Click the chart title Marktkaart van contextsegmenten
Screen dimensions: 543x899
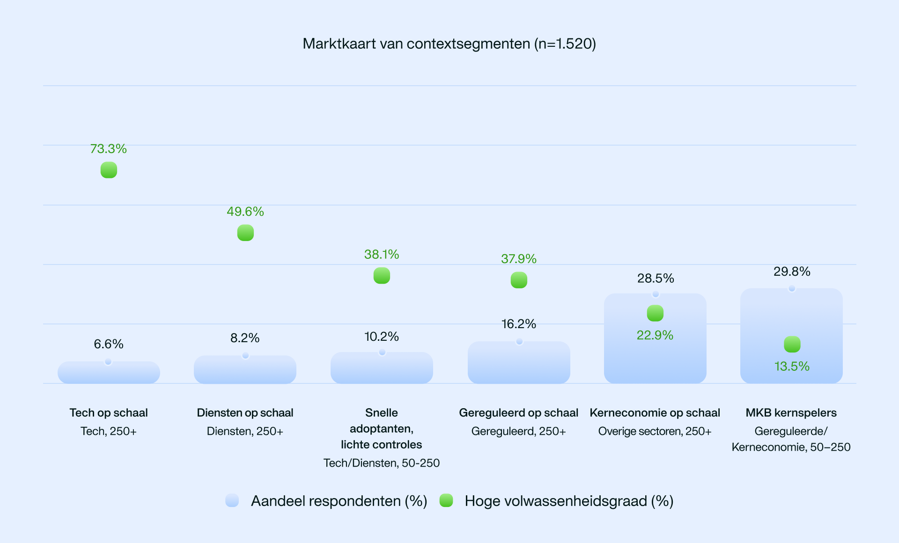(449, 44)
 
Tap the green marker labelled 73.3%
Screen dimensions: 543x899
(109, 170)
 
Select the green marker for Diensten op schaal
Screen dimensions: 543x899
(245, 233)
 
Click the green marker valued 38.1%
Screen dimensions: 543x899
(382, 276)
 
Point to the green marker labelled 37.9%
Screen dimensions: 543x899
(519, 280)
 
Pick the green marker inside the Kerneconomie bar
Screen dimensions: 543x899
(655, 313)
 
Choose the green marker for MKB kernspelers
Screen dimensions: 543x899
(792, 345)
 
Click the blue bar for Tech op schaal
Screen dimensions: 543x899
(109, 373)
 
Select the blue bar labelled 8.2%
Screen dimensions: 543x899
(245, 370)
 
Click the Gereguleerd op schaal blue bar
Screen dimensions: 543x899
(519, 363)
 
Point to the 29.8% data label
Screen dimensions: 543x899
(792, 271)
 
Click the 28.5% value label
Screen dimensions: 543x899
(656, 279)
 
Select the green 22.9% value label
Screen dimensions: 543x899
(655, 335)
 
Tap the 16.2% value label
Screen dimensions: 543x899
(518, 324)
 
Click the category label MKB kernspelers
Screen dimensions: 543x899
(791, 413)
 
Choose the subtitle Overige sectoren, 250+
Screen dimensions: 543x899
(655, 431)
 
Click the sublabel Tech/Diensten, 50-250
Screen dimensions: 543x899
(381, 463)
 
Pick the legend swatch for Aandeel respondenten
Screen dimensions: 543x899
(232, 501)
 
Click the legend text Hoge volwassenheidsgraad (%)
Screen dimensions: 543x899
(569, 501)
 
